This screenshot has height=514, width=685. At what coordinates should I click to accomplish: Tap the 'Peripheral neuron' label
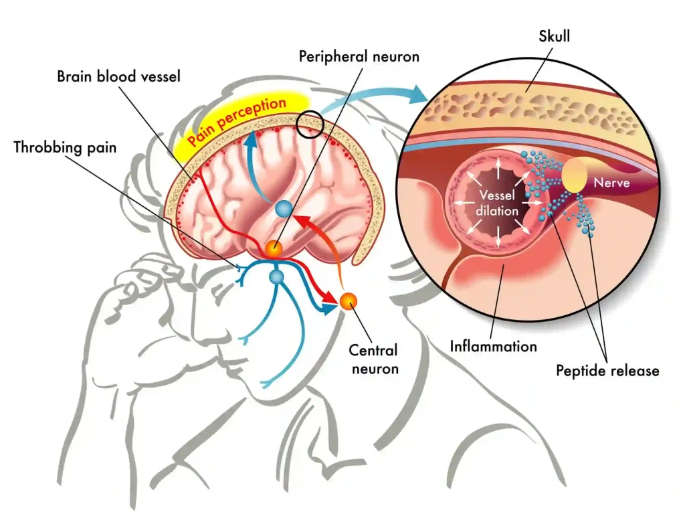point(359,56)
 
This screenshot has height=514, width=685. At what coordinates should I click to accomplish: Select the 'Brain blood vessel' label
point(118,76)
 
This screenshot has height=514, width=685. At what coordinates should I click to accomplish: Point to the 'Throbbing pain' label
point(65,147)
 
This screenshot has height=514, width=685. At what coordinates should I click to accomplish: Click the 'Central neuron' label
point(373,359)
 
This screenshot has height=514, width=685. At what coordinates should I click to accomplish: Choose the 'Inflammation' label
point(493,347)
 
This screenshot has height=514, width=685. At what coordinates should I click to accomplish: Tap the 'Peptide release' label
point(607,370)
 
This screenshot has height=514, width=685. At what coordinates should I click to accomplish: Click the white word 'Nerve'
point(612,181)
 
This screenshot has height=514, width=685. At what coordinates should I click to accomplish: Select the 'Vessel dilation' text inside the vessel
point(498,203)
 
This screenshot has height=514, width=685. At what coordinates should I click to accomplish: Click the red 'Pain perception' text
point(237,120)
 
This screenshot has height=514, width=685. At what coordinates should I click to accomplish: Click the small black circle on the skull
point(309,124)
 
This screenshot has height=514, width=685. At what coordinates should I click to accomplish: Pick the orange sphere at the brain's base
point(273,249)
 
